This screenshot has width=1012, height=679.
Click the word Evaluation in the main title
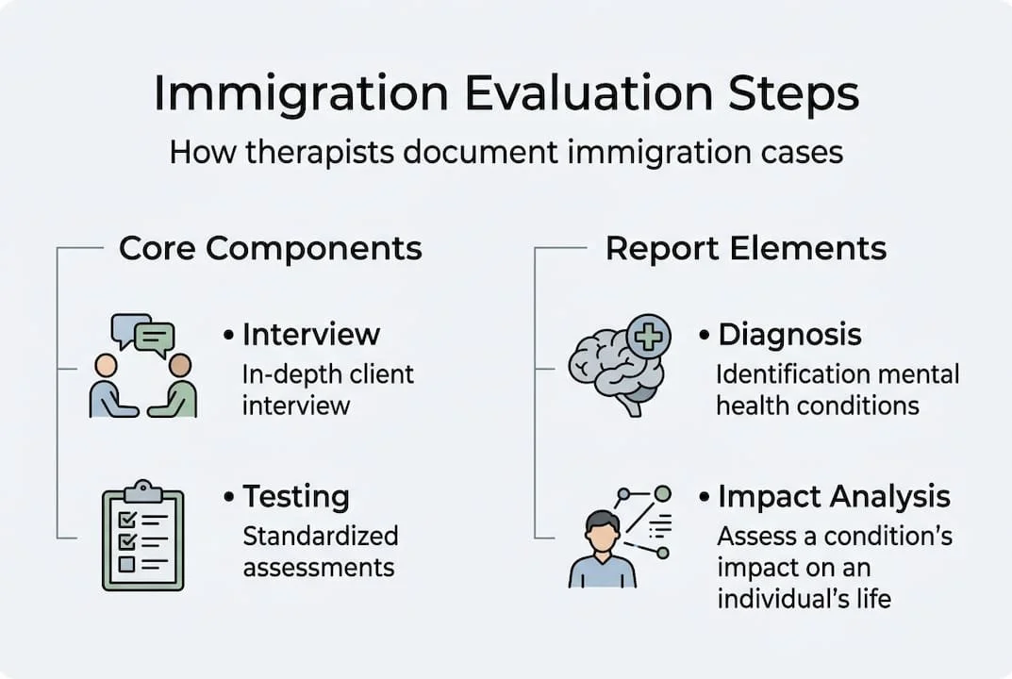[x=580, y=95]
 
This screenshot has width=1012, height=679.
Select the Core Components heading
[x=270, y=248]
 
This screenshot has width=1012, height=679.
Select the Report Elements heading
[x=745, y=248]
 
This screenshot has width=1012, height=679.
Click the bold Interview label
[x=310, y=334]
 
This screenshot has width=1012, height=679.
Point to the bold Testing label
[x=296, y=496]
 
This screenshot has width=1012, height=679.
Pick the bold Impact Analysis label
[x=834, y=496]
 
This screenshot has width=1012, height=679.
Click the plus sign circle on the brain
[x=648, y=337]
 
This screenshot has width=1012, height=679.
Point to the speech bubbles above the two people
[x=143, y=334]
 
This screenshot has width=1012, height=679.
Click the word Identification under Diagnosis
[x=786, y=374]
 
